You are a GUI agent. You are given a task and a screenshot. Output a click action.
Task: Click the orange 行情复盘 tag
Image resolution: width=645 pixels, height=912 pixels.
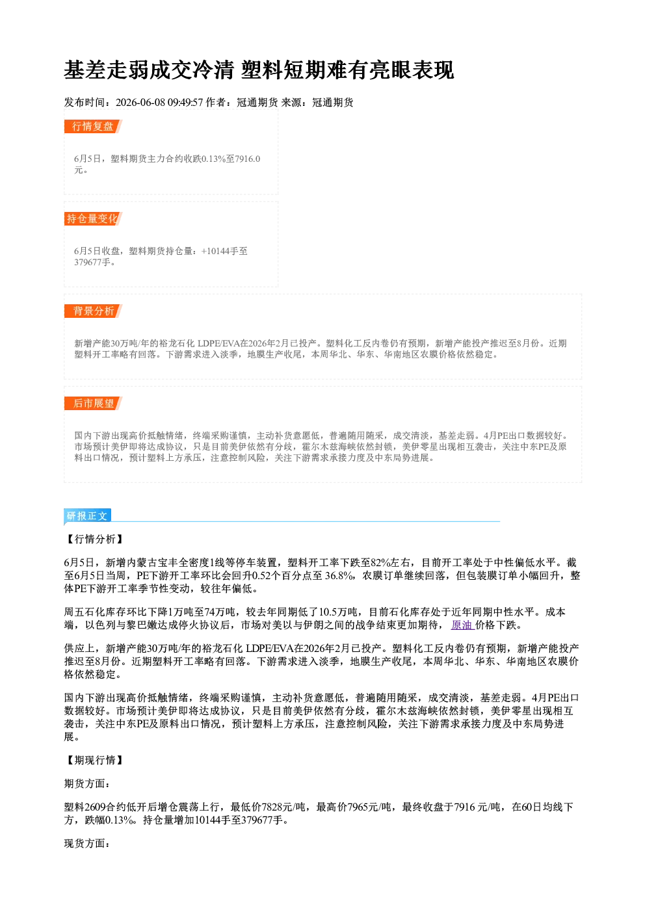point(93,126)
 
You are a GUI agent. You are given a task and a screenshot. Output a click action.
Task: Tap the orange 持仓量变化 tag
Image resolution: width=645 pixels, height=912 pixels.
point(93,218)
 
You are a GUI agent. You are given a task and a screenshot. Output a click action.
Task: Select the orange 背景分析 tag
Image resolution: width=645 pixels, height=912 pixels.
point(93,311)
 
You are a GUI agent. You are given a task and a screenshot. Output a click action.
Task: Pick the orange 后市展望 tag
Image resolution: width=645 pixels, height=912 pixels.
point(93,404)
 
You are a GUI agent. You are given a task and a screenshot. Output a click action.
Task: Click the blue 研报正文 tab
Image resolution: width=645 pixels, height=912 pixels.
point(87,516)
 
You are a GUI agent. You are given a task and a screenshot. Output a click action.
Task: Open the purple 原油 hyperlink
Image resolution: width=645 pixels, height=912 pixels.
point(462,625)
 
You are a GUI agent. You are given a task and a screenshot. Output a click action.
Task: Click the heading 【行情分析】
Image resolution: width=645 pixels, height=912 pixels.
point(94,539)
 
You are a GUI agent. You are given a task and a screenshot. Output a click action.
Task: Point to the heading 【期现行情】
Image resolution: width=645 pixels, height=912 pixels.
point(94,760)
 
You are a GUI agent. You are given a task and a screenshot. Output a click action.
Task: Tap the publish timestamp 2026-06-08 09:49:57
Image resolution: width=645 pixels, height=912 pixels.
point(159,102)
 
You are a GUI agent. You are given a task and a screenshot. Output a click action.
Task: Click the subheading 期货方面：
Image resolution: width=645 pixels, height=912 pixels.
point(87,783)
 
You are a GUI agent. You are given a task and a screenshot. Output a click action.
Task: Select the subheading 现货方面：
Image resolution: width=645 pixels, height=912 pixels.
point(87,843)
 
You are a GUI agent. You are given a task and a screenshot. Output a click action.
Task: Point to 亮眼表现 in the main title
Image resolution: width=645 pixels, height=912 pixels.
point(412,70)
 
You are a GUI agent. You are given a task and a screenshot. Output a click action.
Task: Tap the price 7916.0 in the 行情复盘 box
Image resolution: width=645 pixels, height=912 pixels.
point(248,159)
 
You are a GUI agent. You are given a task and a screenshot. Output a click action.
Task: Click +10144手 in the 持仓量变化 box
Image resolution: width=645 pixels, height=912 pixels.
point(220,251)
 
